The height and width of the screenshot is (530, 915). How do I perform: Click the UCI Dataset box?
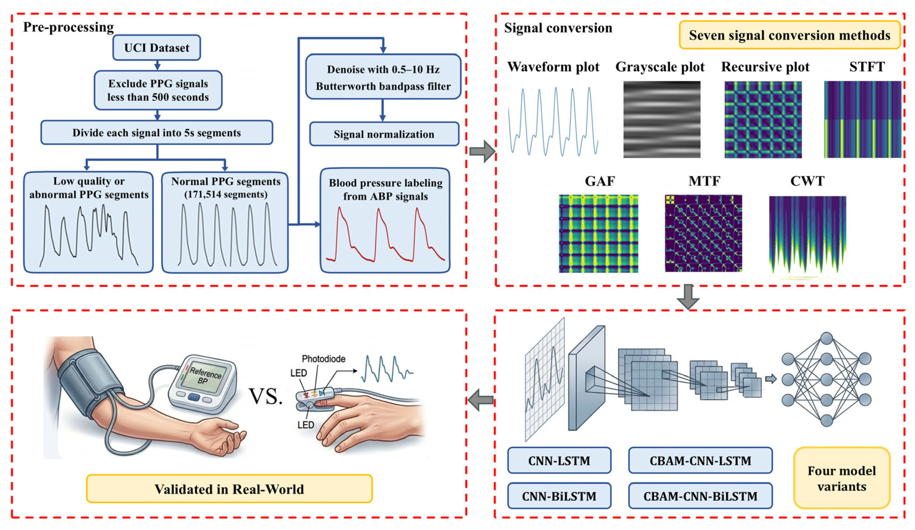(x=157, y=48)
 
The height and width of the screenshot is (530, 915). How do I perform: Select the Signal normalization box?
(x=384, y=134)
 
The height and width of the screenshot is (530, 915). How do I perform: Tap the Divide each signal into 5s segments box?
(x=157, y=132)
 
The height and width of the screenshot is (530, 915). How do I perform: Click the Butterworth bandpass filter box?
(x=383, y=77)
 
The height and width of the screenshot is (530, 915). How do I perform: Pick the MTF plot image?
(x=703, y=233)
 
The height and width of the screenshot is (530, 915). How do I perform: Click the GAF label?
(x=600, y=181)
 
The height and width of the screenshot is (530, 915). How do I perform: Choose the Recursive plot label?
(x=765, y=67)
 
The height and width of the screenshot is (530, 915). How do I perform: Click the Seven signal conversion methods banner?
(x=790, y=35)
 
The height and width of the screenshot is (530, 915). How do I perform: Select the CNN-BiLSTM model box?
(x=559, y=496)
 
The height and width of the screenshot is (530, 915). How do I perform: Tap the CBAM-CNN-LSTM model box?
(x=700, y=460)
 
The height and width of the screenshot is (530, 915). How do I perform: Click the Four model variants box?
(x=842, y=478)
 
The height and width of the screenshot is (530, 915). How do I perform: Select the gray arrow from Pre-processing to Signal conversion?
(x=482, y=151)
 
